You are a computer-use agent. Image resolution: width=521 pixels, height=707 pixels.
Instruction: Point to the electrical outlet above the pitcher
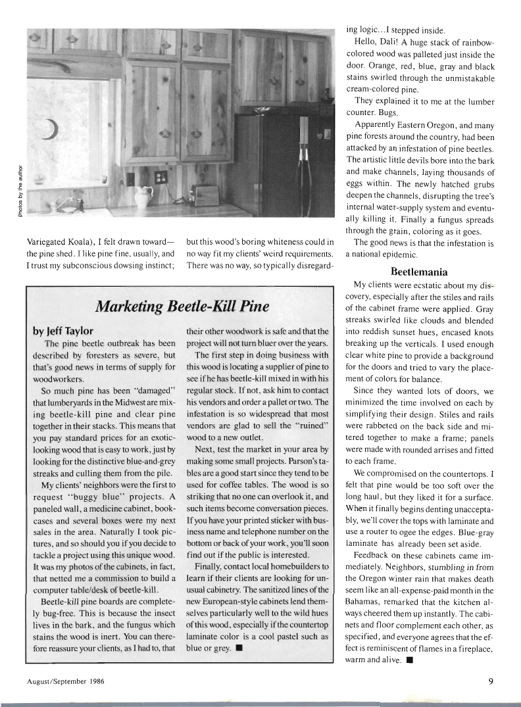click(160, 178)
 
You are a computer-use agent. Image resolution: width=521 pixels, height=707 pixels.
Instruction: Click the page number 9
click(491, 681)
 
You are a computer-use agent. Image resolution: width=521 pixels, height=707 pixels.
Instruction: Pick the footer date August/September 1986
click(66, 682)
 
